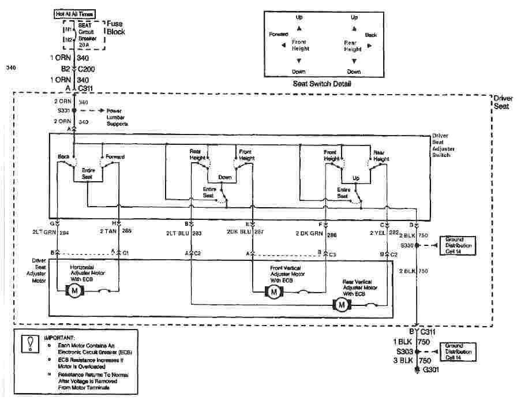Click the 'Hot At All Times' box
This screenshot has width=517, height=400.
coord(76,13)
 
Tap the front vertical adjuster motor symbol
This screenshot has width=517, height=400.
coord(273,292)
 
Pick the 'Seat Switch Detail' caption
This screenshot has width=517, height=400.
coord(322,84)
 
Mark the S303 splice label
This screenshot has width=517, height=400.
coord(404,351)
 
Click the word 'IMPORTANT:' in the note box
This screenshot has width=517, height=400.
coord(59,337)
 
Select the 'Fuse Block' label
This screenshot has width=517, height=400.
coord(115,28)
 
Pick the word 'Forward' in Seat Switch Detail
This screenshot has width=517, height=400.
coord(279,35)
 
